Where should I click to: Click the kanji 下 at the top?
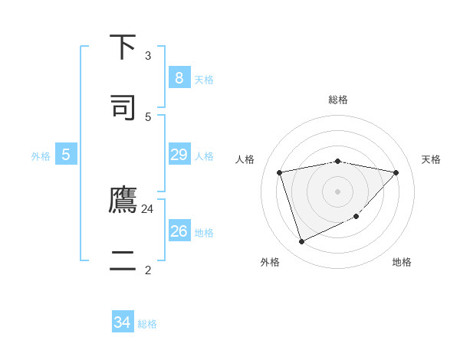pyautogui.click(x=123, y=47)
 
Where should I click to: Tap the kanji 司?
pyautogui.click(x=123, y=106)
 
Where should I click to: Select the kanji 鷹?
pyautogui.click(x=123, y=201)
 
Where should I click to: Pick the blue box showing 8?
pyautogui.click(x=179, y=77)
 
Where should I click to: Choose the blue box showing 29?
pyautogui.click(x=179, y=155)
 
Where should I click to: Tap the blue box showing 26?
pyautogui.click(x=179, y=231)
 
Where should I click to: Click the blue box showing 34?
pyautogui.click(x=123, y=322)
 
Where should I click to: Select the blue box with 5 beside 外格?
pyautogui.click(x=66, y=155)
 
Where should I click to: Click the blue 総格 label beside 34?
pyautogui.click(x=147, y=324)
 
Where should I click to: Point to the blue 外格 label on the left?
pyautogui.click(x=41, y=156)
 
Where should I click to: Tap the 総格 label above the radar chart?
pyautogui.click(x=338, y=100)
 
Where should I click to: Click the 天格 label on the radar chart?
pyautogui.click(x=431, y=159)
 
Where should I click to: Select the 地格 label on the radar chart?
pyautogui.click(x=402, y=262)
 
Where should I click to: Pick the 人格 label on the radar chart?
pyautogui.click(x=245, y=159)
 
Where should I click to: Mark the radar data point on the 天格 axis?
pyautogui.click(x=396, y=172)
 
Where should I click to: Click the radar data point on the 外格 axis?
pyautogui.click(x=301, y=242)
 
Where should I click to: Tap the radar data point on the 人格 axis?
pyautogui.click(x=280, y=172)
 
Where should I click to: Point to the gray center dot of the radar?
pyautogui.click(x=338, y=191)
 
